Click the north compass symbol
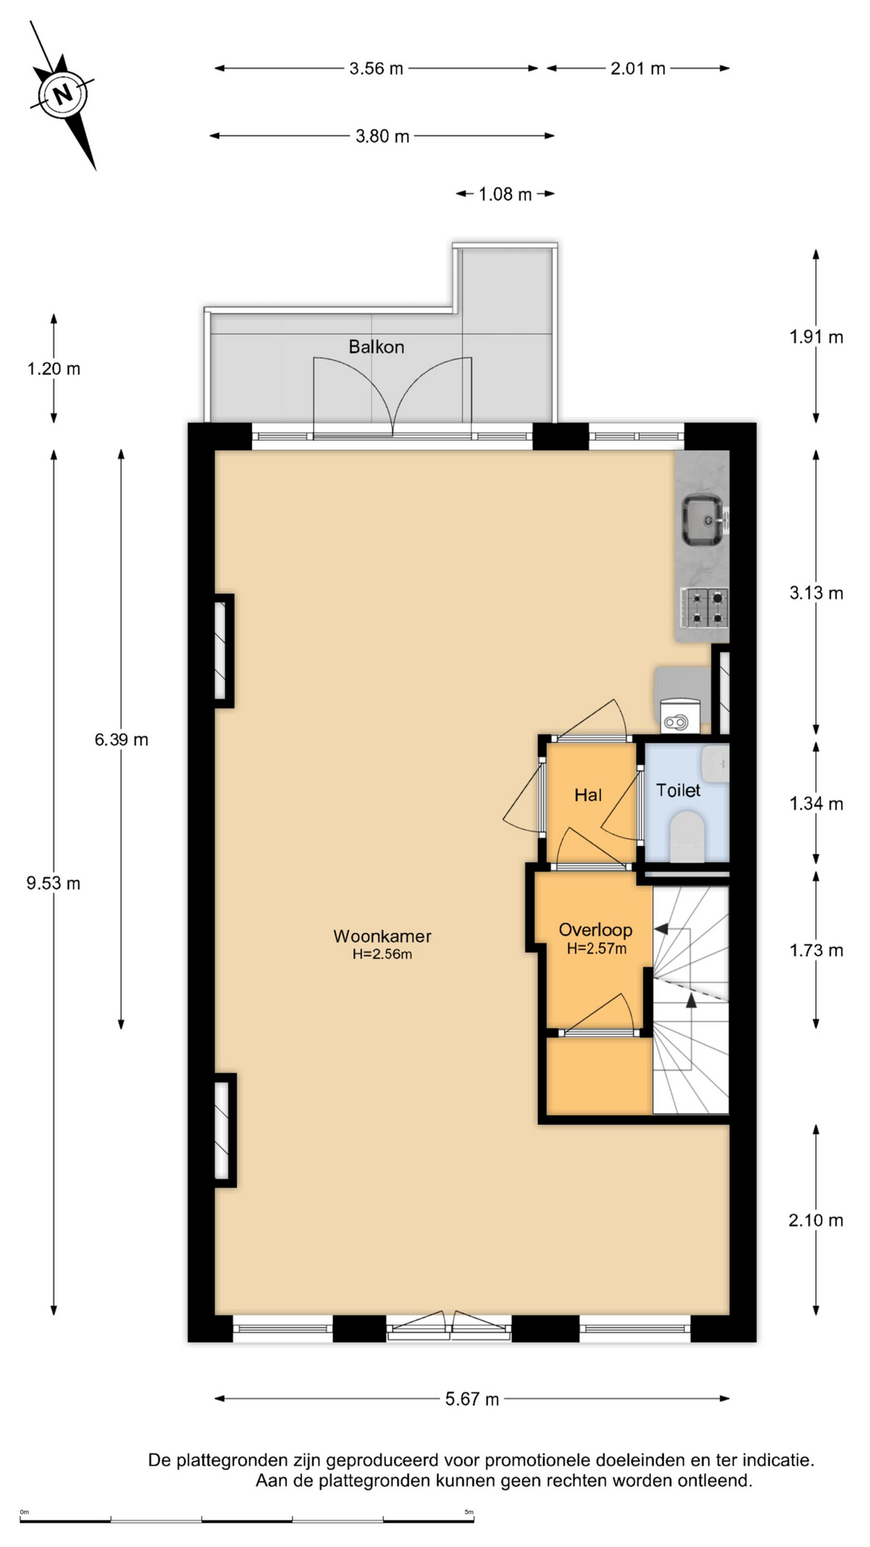pos(63,95)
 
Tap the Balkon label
pos(376,346)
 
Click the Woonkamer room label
pos(383,936)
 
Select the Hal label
pos(588,795)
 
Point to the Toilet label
pos(678,790)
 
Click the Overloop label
pos(595,931)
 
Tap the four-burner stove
pos(705,608)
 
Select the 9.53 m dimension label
pos(53,883)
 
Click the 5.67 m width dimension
pos(472,1399)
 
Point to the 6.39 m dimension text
pos(122,740)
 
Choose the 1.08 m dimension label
pos(505,194)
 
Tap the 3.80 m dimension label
pos(383,136)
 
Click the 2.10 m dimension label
pos(816,1221)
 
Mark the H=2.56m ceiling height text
pos(383,955)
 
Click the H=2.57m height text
pos(597,949)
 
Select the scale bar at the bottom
pos(247,1520)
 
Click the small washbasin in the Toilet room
pos(715,763)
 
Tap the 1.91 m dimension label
pos(816,338)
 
